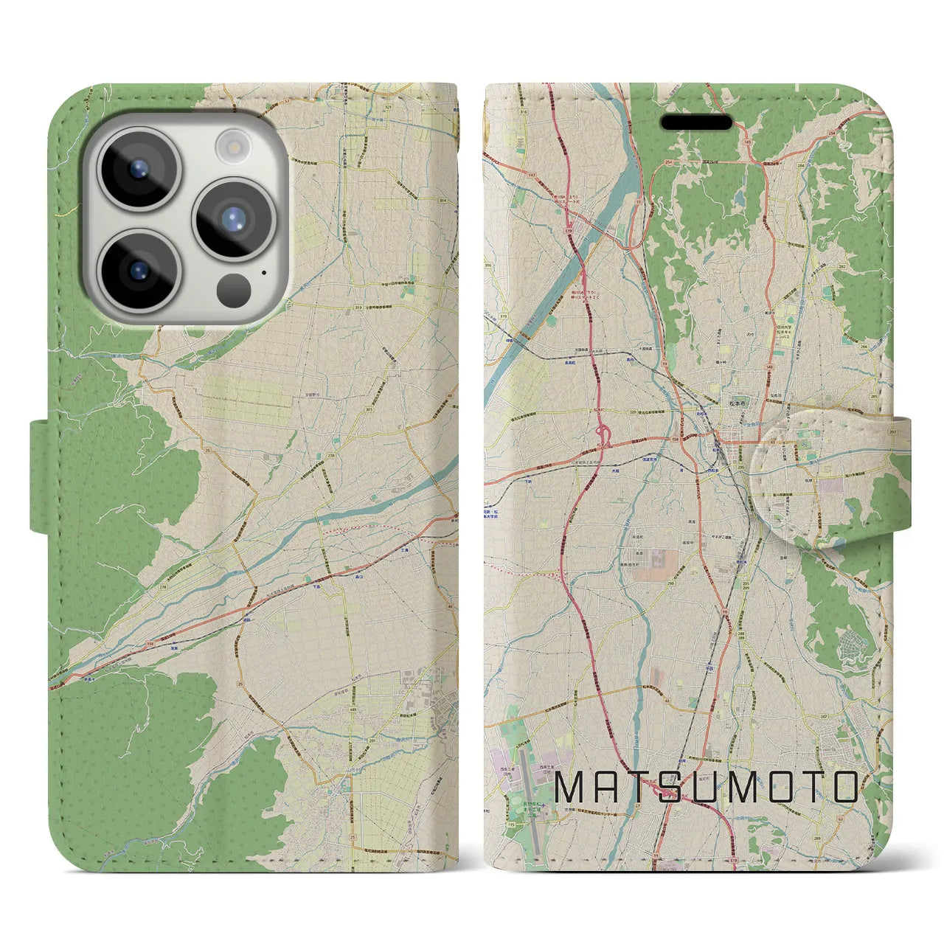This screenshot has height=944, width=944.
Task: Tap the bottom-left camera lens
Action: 139,269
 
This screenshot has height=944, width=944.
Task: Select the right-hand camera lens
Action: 234,219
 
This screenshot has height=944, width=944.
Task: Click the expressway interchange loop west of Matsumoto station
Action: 603,434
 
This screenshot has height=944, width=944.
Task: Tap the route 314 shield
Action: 442,201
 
